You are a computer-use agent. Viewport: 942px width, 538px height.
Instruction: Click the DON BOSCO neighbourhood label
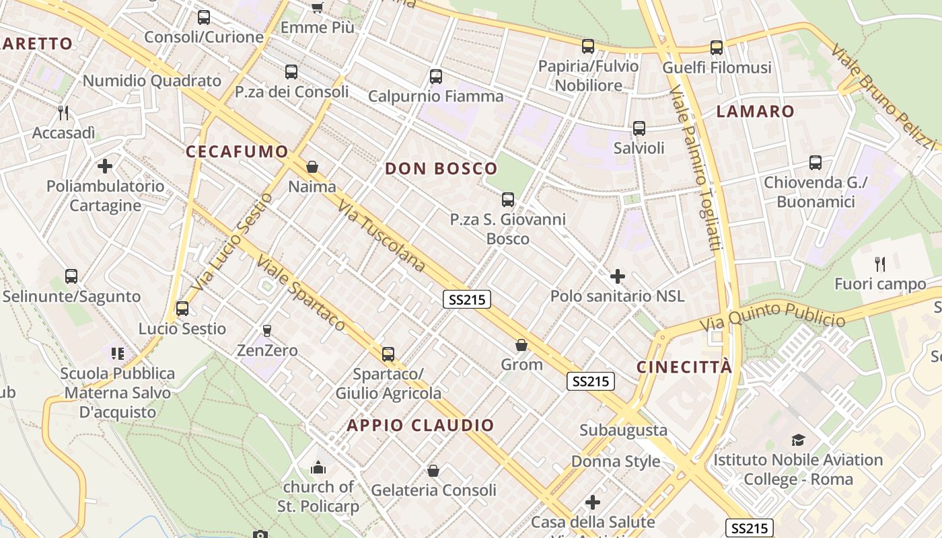441,169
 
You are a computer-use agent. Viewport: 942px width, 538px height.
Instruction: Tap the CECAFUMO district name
237,151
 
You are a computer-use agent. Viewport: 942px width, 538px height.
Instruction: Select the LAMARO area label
755,112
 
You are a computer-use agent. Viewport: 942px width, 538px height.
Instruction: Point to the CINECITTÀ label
684,367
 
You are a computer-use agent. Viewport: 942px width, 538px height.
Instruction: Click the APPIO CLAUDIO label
421,425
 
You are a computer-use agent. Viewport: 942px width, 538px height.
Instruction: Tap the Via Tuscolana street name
382,236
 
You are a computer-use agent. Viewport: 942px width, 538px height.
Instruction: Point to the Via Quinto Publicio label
772,315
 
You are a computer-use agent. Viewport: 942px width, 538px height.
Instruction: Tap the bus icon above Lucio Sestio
182,309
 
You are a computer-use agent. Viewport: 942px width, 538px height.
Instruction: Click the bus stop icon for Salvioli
639,128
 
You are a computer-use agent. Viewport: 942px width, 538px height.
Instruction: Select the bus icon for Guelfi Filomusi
717,48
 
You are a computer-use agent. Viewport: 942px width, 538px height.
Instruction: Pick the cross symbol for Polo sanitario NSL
617,276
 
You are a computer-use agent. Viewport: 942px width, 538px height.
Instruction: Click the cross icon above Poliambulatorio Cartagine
105,165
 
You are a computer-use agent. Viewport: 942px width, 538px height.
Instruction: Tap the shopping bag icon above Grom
521,345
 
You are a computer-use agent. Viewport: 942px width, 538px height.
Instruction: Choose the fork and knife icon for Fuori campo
879,264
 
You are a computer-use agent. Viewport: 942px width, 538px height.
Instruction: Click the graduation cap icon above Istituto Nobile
798,440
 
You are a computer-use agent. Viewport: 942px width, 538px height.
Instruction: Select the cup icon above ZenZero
267,330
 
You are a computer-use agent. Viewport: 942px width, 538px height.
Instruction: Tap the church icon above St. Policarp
318,467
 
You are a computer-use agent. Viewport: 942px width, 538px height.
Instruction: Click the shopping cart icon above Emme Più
317,7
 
